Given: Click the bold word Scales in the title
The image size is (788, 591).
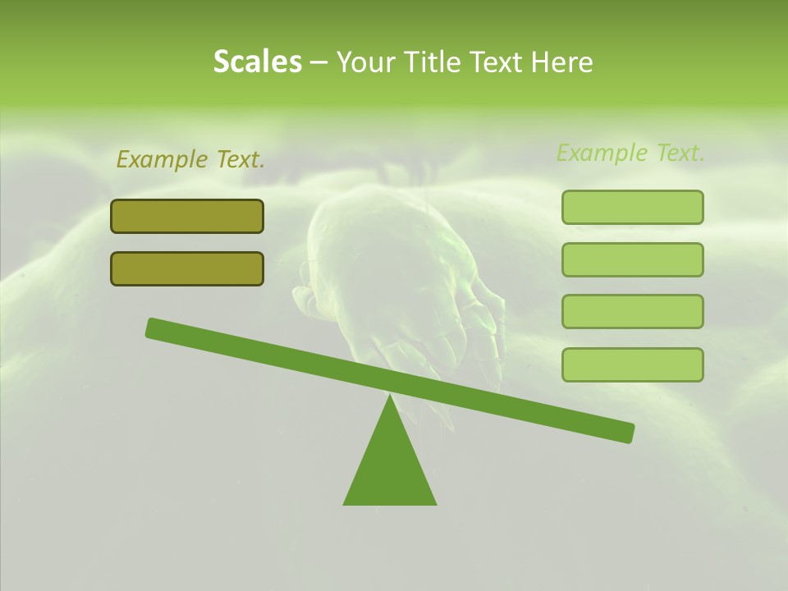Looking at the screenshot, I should click(x=257, y=62).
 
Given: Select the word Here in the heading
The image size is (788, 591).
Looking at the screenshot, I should click(x=562, y=62).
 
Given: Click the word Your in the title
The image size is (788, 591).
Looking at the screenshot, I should click(x=366, y=62).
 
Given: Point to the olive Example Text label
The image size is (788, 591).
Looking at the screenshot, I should click(x=190, y=160).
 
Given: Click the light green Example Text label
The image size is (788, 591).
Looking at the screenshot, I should click(x=630, y=153).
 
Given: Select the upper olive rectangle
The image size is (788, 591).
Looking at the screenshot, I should click(x=187, y=216).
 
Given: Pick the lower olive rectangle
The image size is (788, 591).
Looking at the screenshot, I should click(x=187, y=268).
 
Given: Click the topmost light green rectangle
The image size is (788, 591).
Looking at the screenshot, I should click(x=632, y=207).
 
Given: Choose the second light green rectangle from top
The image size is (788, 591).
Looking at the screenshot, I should click(x=632, y=259).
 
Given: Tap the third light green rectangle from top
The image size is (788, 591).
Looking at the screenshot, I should click(x=632, y=312).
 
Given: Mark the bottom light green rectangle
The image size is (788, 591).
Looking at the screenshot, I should click(x=632, y=364).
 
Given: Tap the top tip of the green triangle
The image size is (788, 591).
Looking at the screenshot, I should click(x=391, y=397).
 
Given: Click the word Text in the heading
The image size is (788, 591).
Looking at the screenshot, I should click(x=499, y=62).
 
